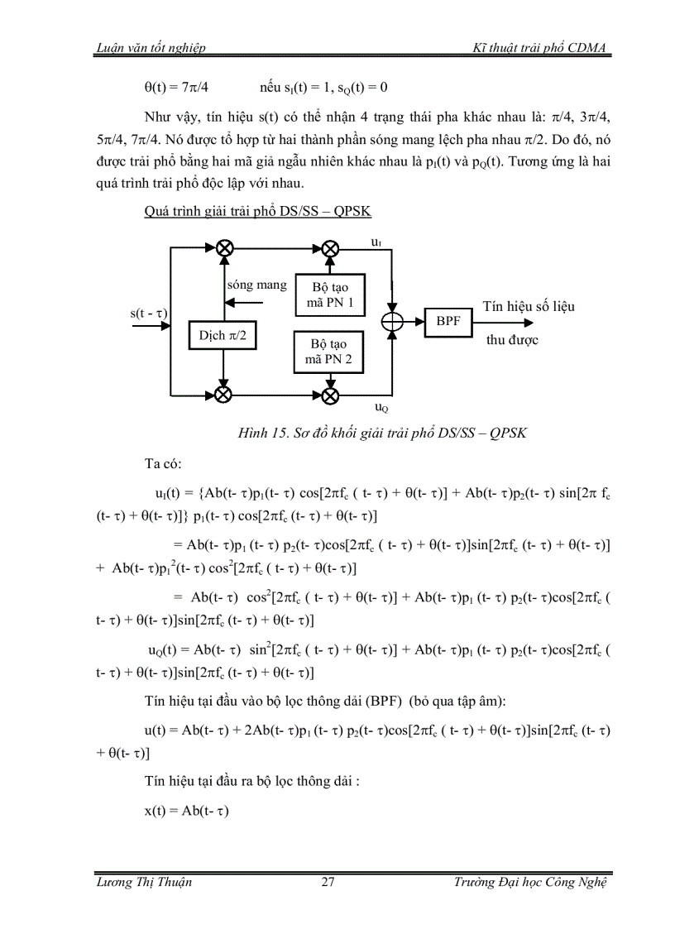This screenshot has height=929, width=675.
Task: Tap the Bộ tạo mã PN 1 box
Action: click(329, 294)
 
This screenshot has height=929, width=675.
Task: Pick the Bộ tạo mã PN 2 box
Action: click(329, 351)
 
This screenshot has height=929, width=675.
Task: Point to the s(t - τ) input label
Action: click(149, 314)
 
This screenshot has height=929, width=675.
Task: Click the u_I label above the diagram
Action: click(377, 242)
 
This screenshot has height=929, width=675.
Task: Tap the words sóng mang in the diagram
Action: click(257, 285)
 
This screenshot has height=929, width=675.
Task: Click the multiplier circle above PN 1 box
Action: click(329, 247)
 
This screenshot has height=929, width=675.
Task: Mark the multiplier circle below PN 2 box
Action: click(329, 395)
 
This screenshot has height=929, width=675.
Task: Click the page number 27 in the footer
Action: click(328, 882)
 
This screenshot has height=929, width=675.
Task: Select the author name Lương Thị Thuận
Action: click(144, 882)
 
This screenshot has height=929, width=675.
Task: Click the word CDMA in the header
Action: click(589, 49)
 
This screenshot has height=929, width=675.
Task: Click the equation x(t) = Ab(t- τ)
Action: click(185, 812)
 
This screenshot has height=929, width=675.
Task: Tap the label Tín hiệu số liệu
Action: click(528, 306)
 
